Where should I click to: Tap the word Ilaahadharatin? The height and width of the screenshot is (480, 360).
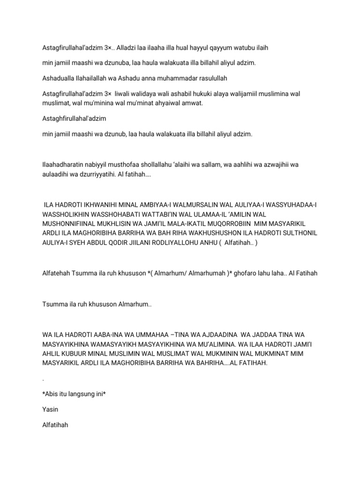pyautogui.click(x=64, y=165)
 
